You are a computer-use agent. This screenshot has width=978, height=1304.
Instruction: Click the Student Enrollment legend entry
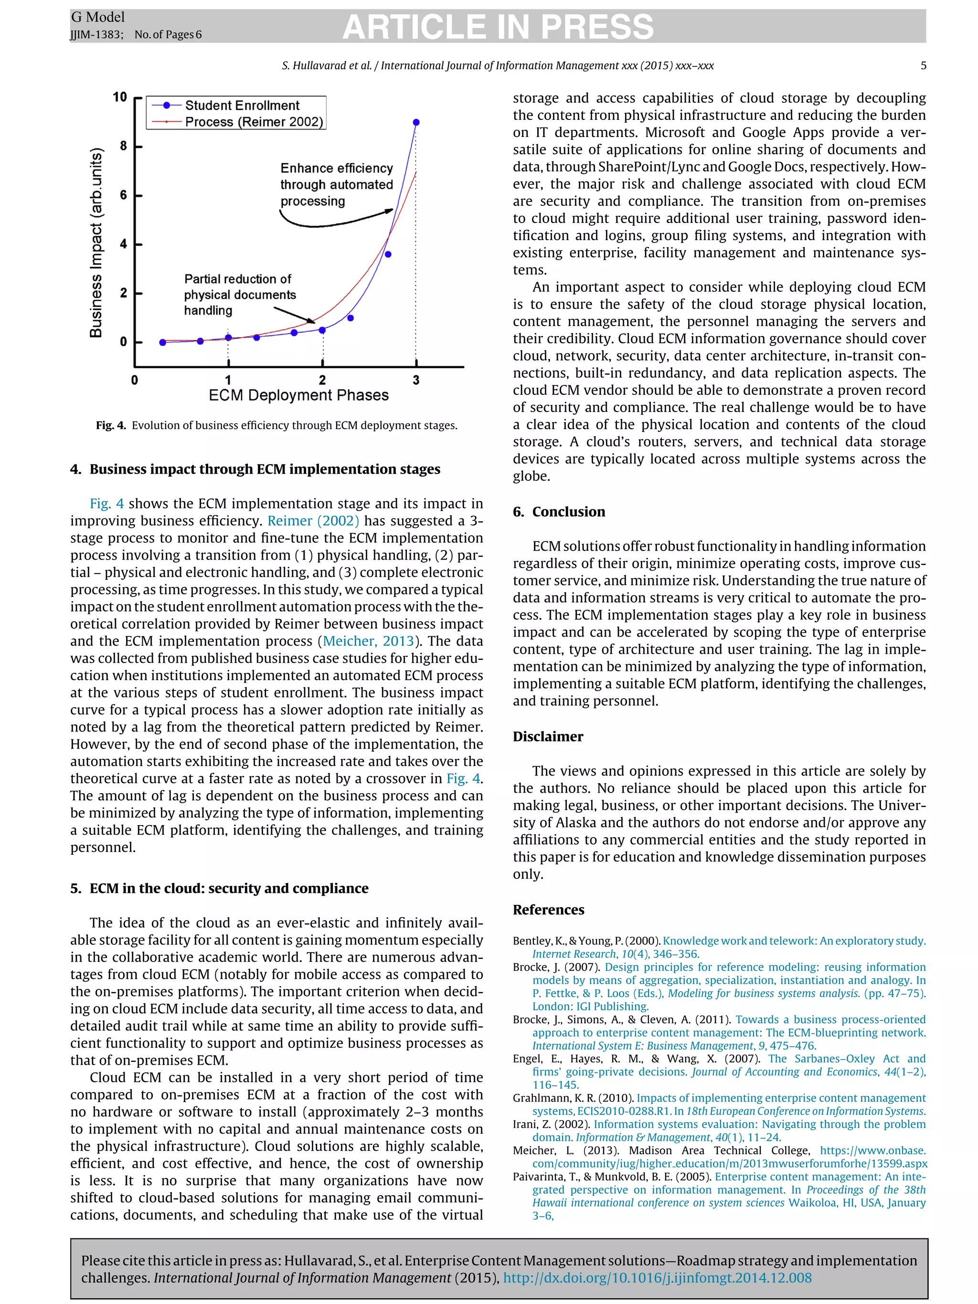pos(242,106)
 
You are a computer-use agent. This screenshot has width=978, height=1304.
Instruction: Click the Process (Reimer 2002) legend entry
pos(254,122)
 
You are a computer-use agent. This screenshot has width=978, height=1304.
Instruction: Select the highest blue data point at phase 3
pos(416,123)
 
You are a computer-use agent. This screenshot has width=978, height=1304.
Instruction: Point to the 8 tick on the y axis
pos(123,146)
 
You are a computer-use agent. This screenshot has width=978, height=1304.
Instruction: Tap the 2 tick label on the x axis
pos(322,380)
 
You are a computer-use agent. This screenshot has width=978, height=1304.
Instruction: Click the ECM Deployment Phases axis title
pos(298,395)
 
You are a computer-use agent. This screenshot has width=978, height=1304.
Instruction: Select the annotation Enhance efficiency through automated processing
pos(336,184)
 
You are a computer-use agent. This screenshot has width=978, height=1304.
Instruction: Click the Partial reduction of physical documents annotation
pos(239,294)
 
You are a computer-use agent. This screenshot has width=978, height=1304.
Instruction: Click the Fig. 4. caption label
pos(111,425)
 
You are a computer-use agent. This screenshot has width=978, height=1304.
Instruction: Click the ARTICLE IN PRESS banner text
pos(498,27)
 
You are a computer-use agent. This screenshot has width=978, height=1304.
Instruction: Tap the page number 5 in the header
pos(923,65)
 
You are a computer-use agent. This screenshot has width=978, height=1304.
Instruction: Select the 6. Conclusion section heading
pos(558,512)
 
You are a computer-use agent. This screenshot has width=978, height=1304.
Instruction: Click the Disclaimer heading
pos(548,737)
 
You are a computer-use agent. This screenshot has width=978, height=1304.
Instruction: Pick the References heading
pos(548,910)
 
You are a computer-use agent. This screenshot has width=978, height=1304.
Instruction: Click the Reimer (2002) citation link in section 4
pos(313,521)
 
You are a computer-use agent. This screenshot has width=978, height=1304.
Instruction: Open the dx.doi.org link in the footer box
pos(657,1277)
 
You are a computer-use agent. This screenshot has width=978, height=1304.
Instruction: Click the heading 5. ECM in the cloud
pos(219,889)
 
